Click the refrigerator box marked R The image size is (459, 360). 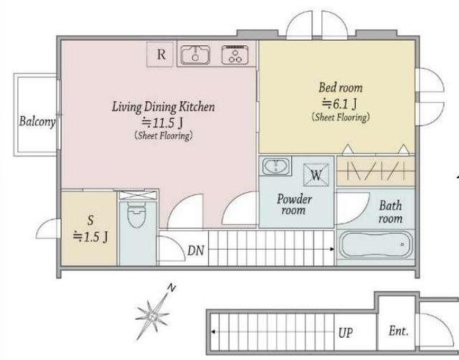pyautogui.click(x=160, y=55)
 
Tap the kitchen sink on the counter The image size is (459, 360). pyautogui.click(x=195, y=55)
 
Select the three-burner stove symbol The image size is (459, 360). pyautogui.click(x=235, y=55)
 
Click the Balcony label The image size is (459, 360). pyautogui.click(x=37, y=121)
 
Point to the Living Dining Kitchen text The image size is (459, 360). pyautogui.click(x=164, y=107)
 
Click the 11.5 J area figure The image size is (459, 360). pyautogui.click(x=163, y=123)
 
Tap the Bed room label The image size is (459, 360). pyautogui.click(x=341, y=87)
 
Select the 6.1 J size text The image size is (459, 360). pyautogui.click(x=339, y=103)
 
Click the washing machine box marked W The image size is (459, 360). pyautogui.click(x=316, y=175)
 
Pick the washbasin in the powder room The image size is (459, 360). pyautogui.click(x=275, y=166)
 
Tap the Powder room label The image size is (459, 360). pyautogui.click(x=294, y=204)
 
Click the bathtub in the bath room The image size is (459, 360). pyautogui.click(x=375, y=245)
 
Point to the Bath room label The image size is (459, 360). pyautogui.click(x=390, y=212)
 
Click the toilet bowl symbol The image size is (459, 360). pyautogui.click(x=136, y=216)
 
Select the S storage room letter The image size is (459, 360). pyautogui.click(x=90, y=220)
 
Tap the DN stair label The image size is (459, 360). pyautogui.click(x=196, y=250)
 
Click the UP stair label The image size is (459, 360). pyautogui.click(x=346, y=333)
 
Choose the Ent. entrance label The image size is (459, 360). pyautogui.click(x=399, y=331)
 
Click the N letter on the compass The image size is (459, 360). pyautogui.click(x=171, y=288)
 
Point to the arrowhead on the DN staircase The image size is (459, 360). pyautogui.click(x=332, y=249)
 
